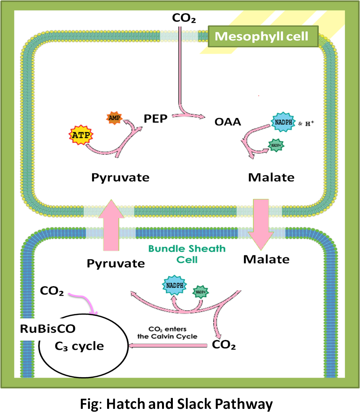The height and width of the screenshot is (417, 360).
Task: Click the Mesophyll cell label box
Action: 262,37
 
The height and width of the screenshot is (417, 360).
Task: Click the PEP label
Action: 155,119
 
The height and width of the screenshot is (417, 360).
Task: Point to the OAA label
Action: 228,122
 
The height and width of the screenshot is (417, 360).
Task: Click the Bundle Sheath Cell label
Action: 187,254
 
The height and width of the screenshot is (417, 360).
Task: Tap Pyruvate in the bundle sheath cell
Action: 116,263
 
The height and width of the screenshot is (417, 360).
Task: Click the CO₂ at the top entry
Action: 184,17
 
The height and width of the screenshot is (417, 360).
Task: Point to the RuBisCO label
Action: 48,329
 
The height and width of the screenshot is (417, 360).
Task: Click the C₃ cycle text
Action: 79,346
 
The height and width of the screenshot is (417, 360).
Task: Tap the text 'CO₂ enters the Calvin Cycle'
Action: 167,333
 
